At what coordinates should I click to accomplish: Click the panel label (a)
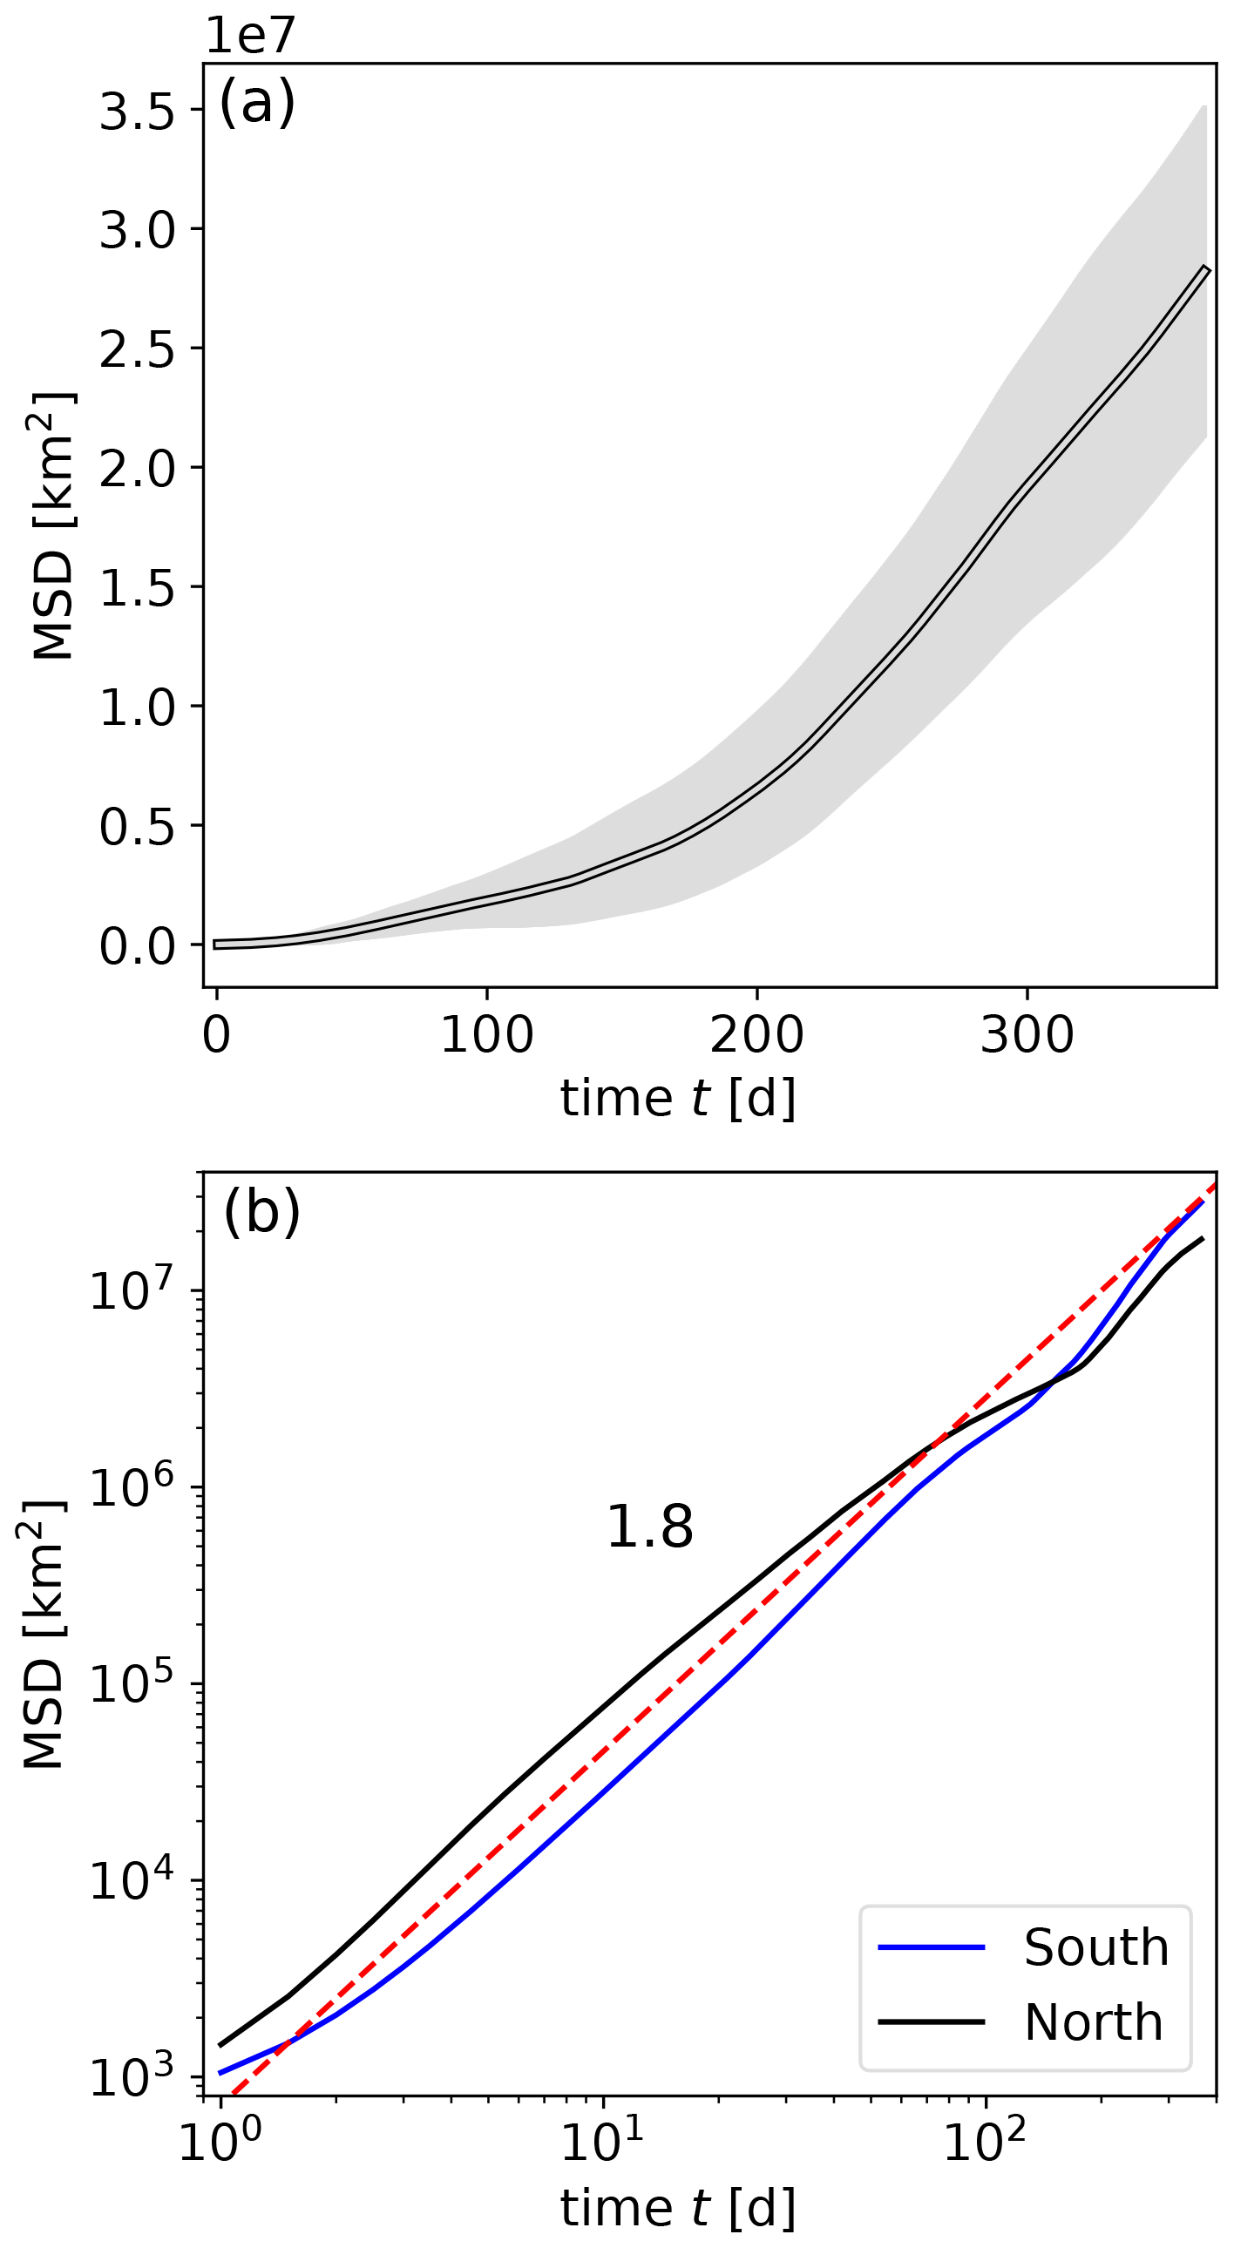[257, 103]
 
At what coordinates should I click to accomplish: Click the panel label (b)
[261, 1213]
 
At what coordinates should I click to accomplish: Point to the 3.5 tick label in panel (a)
[138, 112]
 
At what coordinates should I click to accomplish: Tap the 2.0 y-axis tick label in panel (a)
[138, 469]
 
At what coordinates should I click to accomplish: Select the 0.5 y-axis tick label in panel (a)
[138, 826]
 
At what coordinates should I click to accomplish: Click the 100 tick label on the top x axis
[486, 1036]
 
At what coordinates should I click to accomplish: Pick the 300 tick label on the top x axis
[1027, 1036]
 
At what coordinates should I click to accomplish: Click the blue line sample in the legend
[932, 1947]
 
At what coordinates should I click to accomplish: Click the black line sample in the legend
[932, 2022]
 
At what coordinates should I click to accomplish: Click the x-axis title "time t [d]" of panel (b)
[677, 2209]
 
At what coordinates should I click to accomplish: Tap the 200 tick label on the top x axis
[756, 1036]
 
